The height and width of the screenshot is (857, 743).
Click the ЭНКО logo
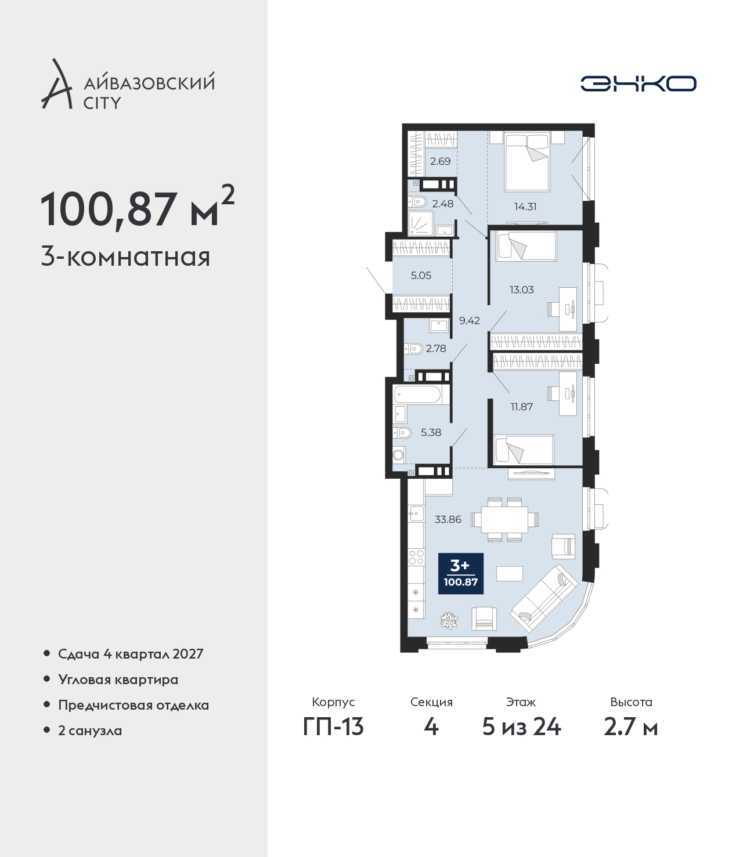tap(638, 84)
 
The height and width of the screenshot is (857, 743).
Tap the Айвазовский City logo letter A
tap(56, 84)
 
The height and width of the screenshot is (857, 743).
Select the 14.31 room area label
tap(525, 207)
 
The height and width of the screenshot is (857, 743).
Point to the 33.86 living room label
tap(448, 519)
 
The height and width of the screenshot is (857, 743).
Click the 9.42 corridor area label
tap(469, 320)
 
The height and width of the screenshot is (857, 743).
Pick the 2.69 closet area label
tap(440, 161)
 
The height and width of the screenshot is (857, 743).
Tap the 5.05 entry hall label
tap(421, 275)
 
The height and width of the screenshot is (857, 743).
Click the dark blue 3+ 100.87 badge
tap(460, 573)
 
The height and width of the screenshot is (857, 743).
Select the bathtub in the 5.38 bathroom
tap(418, 395)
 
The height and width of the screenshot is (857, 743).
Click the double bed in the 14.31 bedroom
tap(527, 161)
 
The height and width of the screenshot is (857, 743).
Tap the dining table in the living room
tap(504, 519)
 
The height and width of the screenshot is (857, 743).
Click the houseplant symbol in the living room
tap(449, 620)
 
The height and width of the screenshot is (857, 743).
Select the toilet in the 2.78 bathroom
tap(413, 348)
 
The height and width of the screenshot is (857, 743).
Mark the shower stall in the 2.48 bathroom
tap(420, 223)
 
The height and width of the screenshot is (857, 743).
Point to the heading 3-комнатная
tap(125, 257)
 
